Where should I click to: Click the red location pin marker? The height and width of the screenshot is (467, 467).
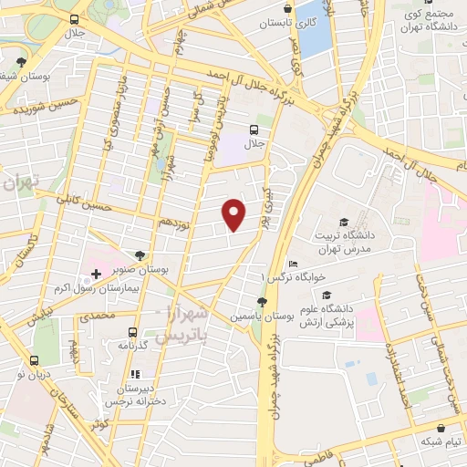234,214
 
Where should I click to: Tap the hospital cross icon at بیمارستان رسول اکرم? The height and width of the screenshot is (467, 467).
96,274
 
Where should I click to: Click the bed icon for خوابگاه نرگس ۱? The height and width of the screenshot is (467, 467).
291,264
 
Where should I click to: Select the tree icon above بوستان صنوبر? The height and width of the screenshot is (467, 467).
139,256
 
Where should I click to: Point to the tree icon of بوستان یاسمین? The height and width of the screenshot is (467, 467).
262,301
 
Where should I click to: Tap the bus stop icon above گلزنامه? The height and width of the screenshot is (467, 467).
134,332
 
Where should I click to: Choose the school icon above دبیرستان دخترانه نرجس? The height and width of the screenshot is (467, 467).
135,373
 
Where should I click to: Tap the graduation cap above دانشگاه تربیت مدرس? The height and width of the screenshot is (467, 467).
344,223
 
